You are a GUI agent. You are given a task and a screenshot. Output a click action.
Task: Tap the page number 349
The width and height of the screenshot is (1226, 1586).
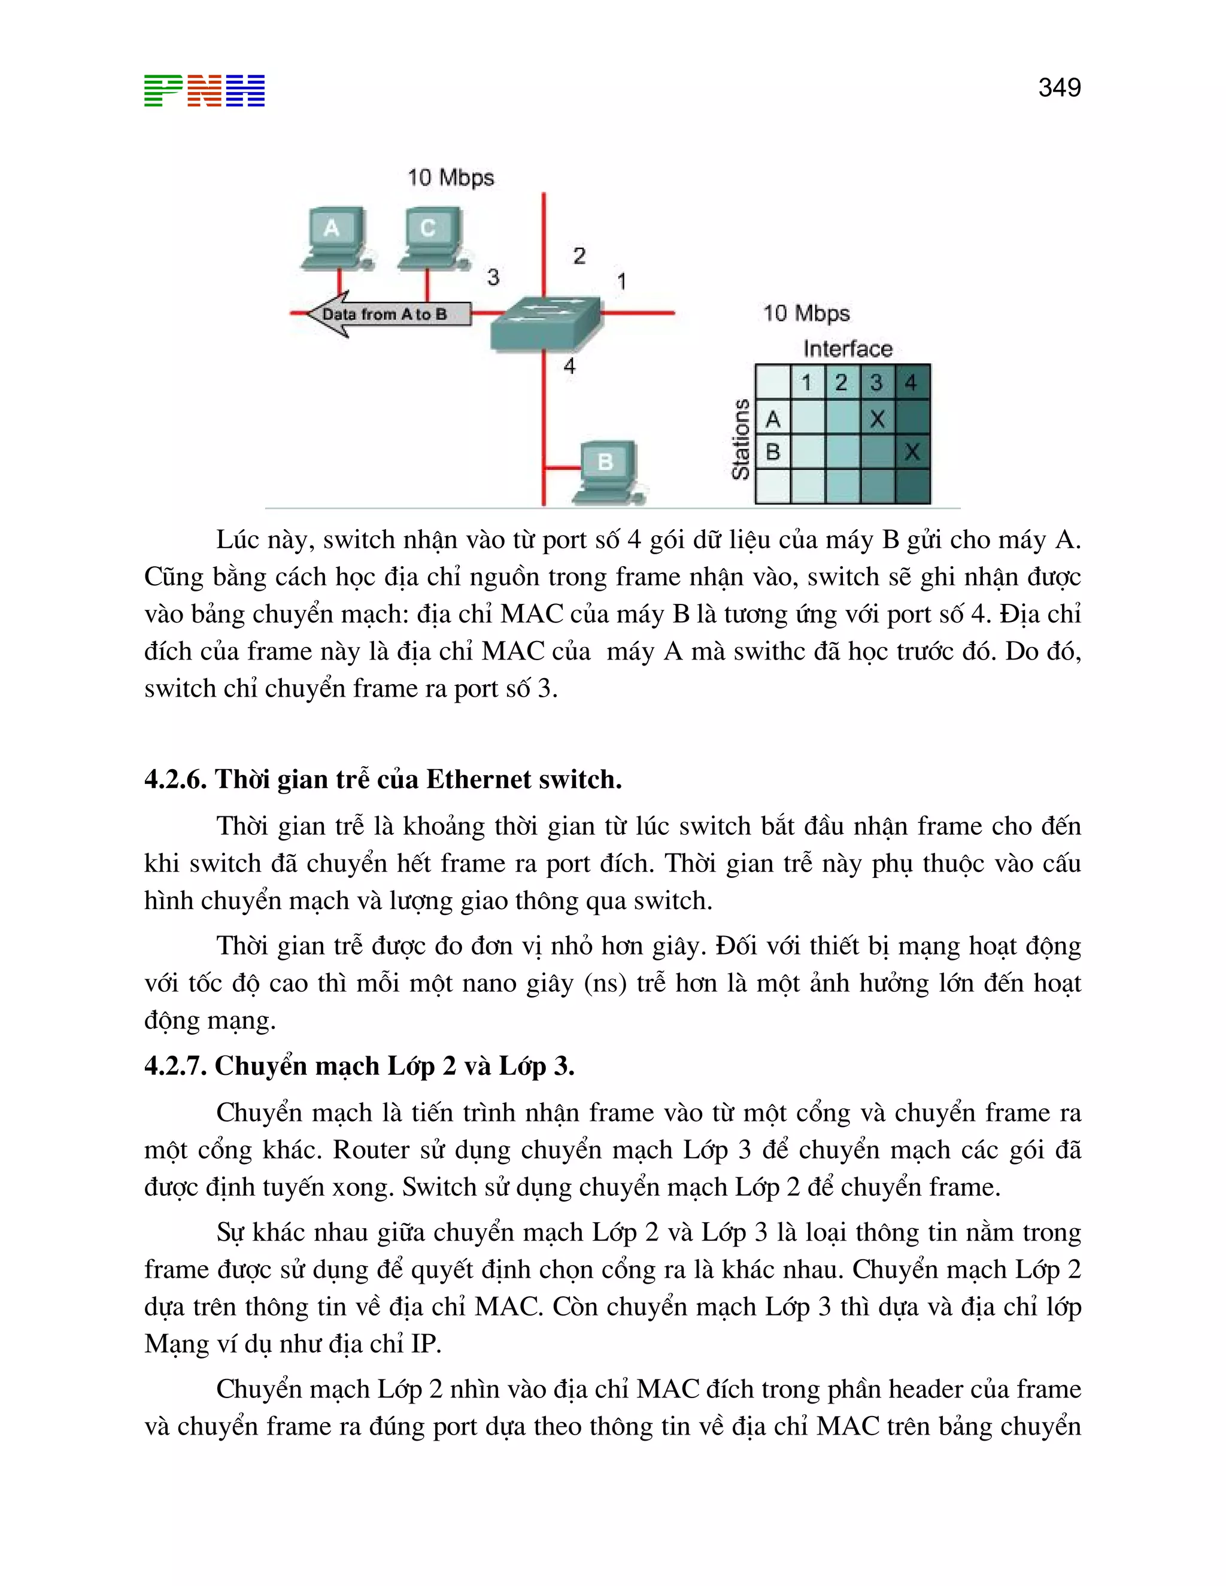tap(1059, 88)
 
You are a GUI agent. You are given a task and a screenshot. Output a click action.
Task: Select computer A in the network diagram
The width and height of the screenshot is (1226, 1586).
tap(335, 238)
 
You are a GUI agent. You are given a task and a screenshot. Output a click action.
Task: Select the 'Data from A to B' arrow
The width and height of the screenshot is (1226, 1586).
tap(385, 314)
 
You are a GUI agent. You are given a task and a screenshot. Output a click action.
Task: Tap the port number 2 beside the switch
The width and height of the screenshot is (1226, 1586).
tap(579, 256)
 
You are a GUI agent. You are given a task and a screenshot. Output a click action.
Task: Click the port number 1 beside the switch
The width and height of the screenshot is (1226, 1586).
tap(621, 281)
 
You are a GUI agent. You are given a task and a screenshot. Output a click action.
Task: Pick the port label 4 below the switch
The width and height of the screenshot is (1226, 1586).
tap(569, 366)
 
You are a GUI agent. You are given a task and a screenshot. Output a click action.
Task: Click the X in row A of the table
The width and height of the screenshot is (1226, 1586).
tap(878, 418)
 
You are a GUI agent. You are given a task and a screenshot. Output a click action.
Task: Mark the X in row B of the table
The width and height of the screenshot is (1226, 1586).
tap(912, 452)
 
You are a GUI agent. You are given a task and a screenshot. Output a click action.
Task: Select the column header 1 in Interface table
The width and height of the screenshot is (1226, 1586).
tap(806, 382)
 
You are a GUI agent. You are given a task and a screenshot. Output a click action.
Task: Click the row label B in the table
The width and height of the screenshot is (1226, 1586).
tap(773, 452)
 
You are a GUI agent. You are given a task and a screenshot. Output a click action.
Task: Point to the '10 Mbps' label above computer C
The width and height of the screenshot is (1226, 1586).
tap(450, 178)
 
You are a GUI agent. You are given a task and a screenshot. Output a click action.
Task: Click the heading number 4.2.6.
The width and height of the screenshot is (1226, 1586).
tap(175, 779)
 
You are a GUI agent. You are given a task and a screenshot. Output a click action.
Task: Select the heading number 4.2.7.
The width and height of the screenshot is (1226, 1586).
tap(175, 1065)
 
